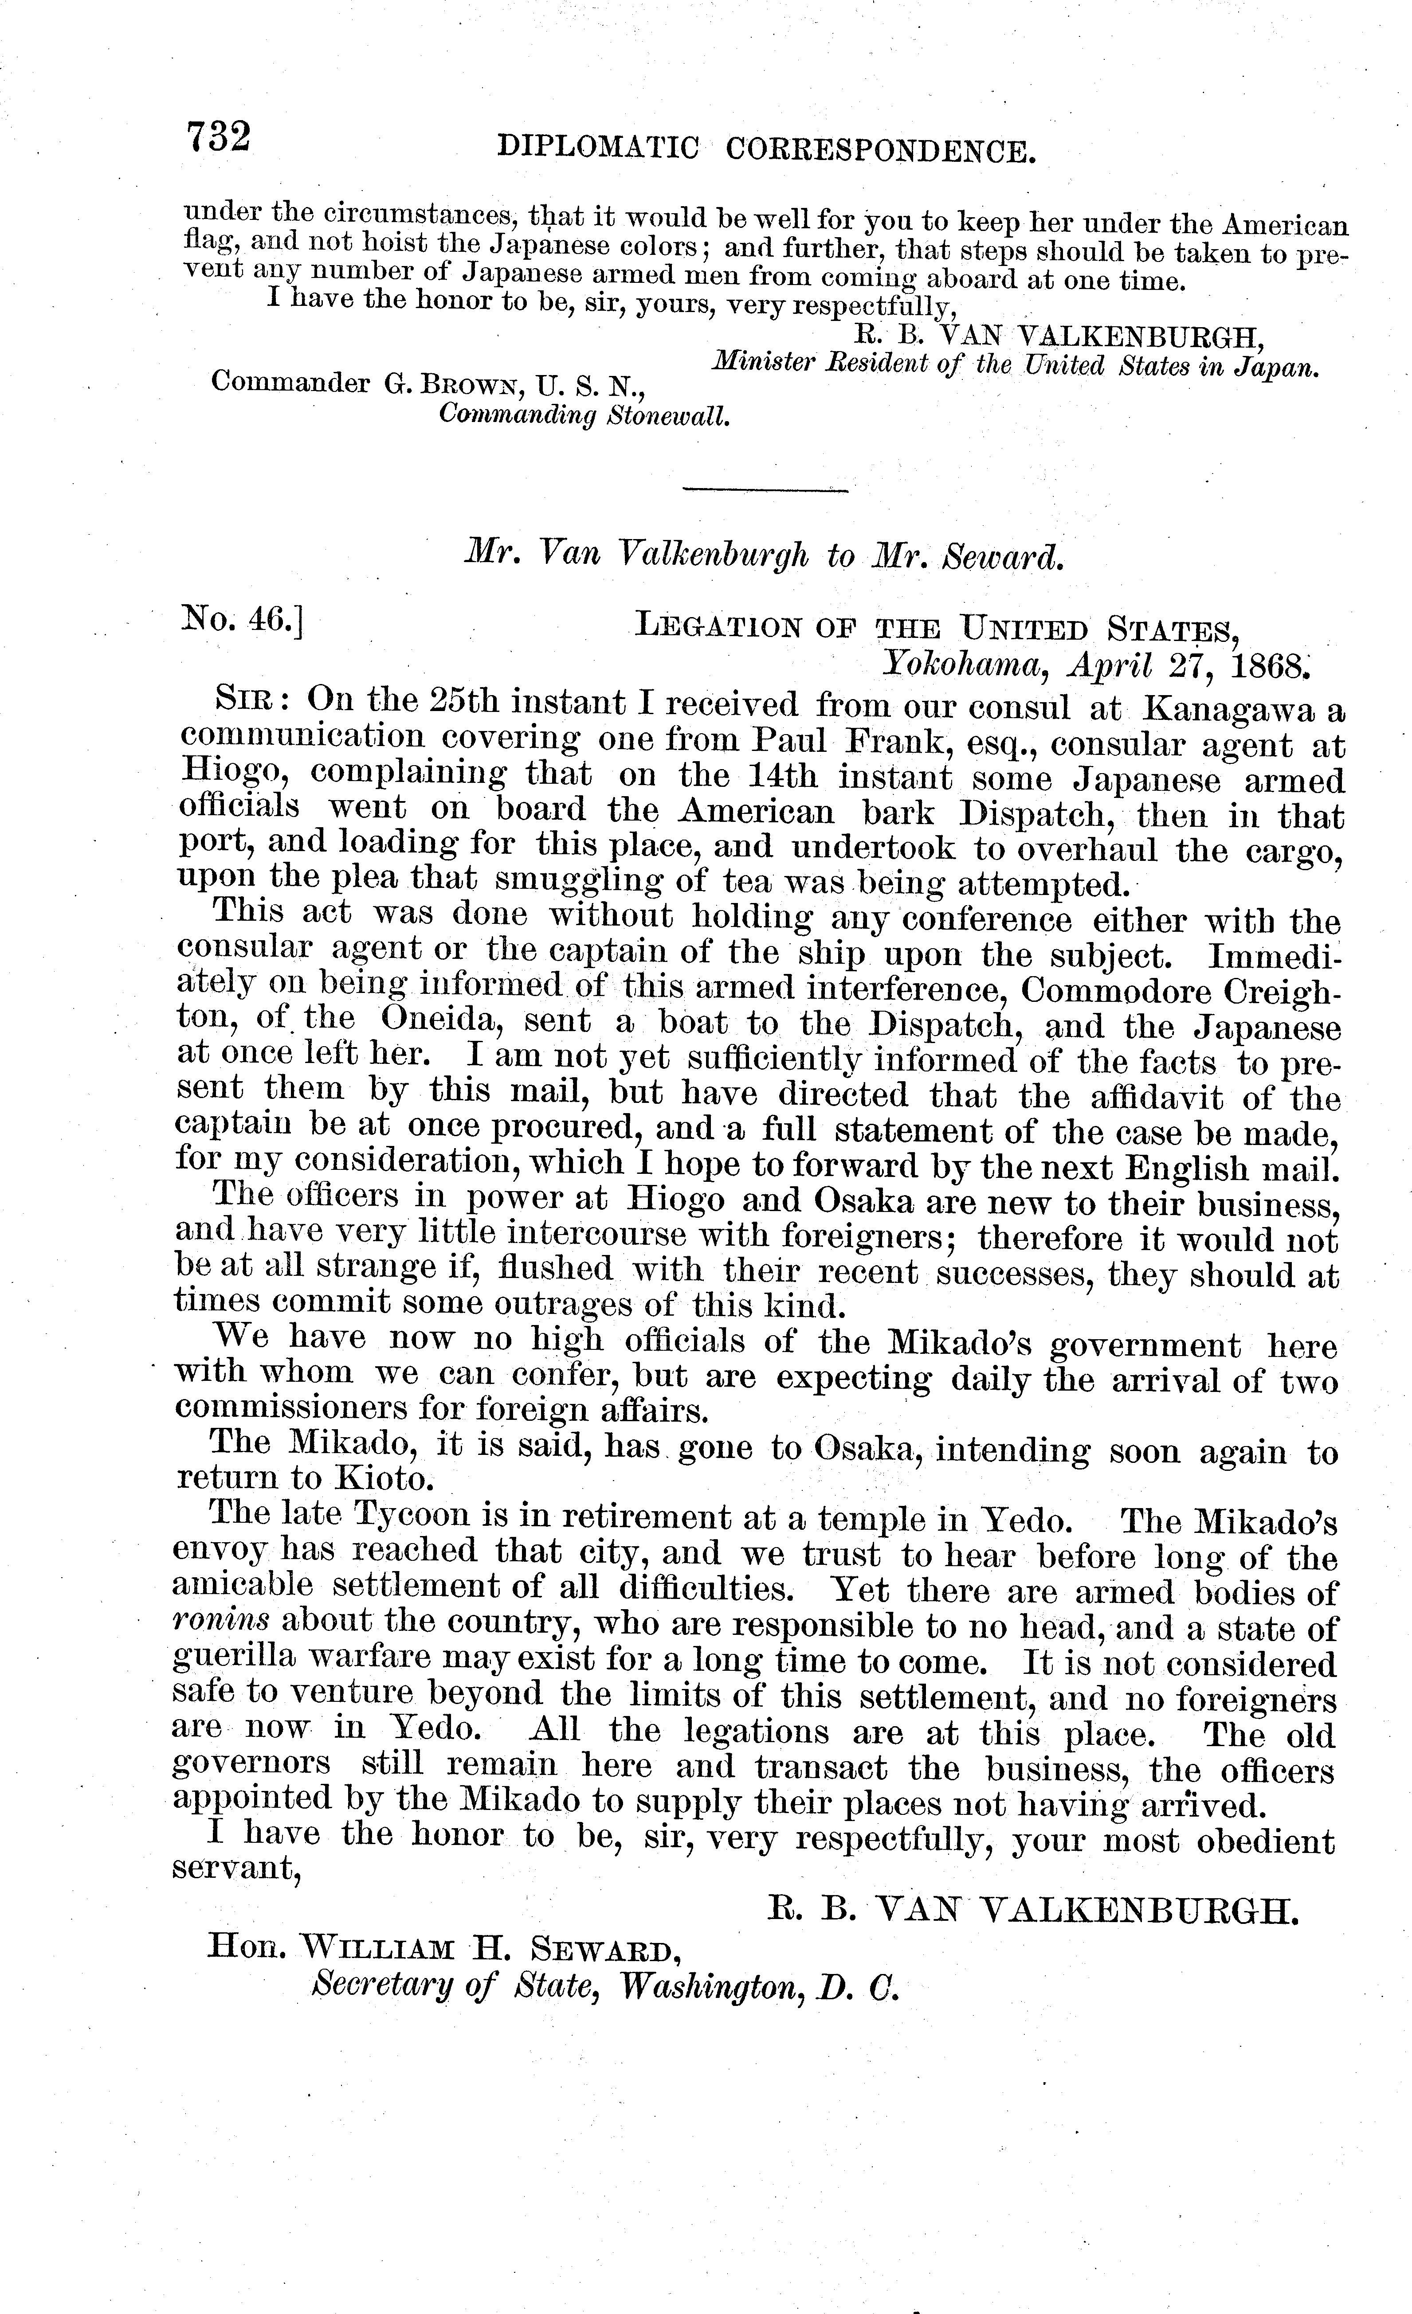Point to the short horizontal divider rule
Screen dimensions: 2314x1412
pos(765,490)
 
